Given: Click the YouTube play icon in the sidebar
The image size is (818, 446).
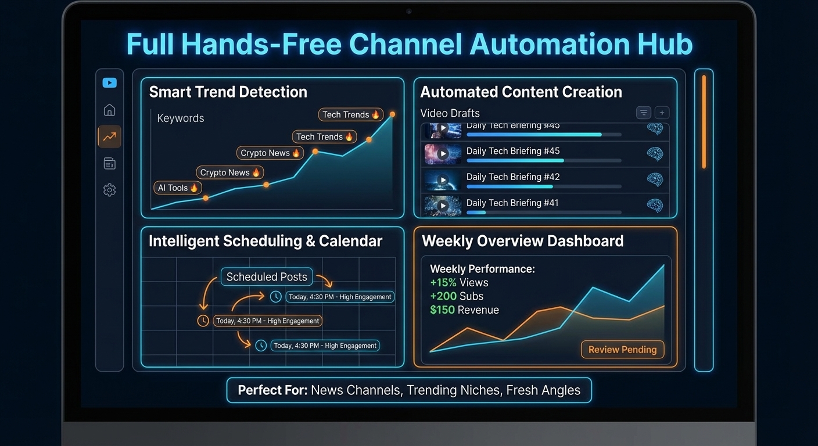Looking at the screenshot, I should pos(109,83).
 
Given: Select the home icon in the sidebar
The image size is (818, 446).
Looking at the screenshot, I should pos(109,110).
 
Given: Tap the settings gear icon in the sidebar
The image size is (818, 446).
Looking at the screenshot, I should pos(109,190).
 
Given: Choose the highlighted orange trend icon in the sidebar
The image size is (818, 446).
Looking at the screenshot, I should pos(109,137).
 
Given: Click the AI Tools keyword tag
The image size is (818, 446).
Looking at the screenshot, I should pos(178,188).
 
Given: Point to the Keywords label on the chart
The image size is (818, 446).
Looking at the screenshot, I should pos(181,118).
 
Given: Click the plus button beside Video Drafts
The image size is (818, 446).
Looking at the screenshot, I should pos(662,113).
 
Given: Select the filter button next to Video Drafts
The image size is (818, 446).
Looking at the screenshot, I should pos(643,113).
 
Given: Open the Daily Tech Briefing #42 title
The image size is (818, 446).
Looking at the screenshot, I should pos(513,177).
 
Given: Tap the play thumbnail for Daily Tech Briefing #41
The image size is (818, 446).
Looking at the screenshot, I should pos(443,206).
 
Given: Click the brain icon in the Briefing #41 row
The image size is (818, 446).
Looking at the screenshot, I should pos(655,205).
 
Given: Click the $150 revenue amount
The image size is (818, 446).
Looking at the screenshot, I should pos(442,310).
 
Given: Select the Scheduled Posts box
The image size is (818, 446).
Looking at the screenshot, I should pos(267,277).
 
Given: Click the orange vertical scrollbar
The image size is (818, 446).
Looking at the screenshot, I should pos(704,122).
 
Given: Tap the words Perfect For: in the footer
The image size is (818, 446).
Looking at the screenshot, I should pos(272,390).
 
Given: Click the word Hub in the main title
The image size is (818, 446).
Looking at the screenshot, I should pos(664,45).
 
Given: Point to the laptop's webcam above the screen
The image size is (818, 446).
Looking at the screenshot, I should pos(409,11).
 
